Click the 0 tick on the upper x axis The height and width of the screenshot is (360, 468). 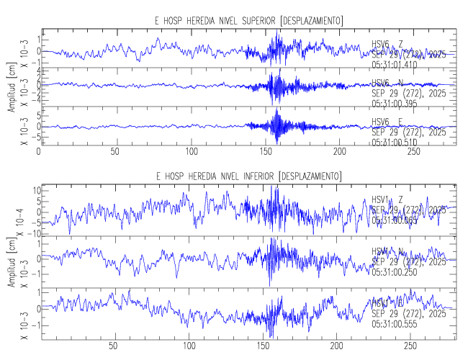tap(39, 153)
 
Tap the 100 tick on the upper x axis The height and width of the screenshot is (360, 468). tap(192, 153)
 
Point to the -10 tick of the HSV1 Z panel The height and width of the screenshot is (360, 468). tap(31, 234)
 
